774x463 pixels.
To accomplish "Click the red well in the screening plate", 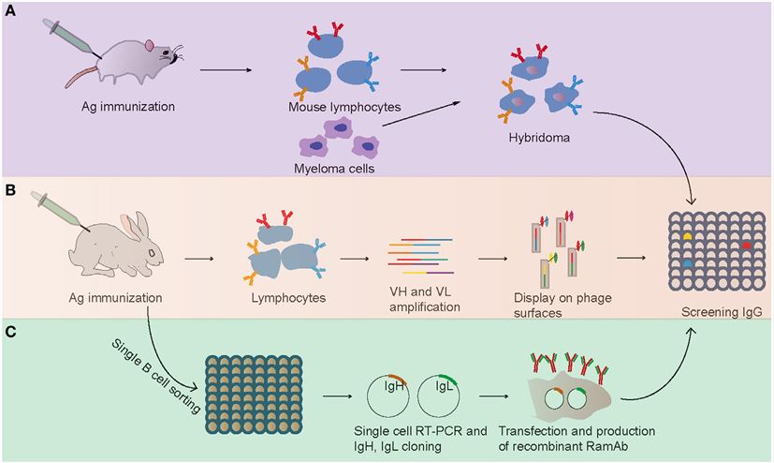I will (x=747, y=244).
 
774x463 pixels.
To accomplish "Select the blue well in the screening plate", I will (x=688, y=265).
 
